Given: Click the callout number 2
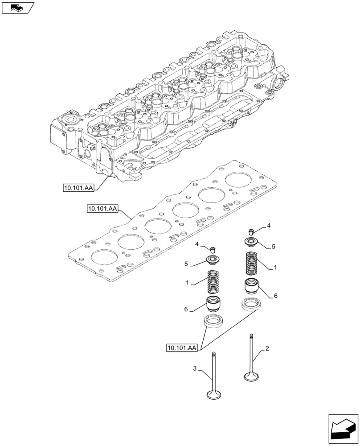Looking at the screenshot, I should coord(267,349).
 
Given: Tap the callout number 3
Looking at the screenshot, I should coord(195,368).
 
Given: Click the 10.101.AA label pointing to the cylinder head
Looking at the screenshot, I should coord(78,189).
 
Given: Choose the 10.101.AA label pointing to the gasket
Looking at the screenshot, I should coord(102,209).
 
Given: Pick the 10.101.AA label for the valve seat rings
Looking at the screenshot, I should coord(182,348).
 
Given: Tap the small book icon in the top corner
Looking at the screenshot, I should coord(17,7).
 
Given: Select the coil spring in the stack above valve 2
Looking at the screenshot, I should coord(252,264).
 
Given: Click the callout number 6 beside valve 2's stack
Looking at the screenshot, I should coord(276,296).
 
